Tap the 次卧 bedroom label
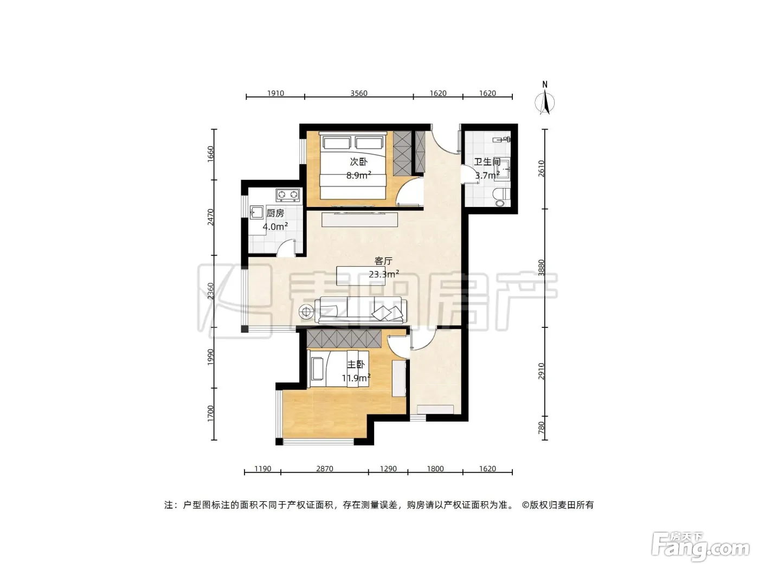tap(358, 161)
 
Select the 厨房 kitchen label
tap(275, 213)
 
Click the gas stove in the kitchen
tap(287, 195)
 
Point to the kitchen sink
tap(256, 212)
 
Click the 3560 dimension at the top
tap(358, 93)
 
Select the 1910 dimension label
tap(275, 93)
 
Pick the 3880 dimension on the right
tap(541, 268)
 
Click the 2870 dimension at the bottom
tap(324, 469)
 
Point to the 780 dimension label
tap(541, 428)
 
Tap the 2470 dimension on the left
tap(210, 217)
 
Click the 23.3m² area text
tap(384, 274)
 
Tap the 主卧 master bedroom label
tap(356, 365)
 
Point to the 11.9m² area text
tap(356, 378)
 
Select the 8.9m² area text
tap(358, 175)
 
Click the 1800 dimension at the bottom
tap(435, 469)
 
